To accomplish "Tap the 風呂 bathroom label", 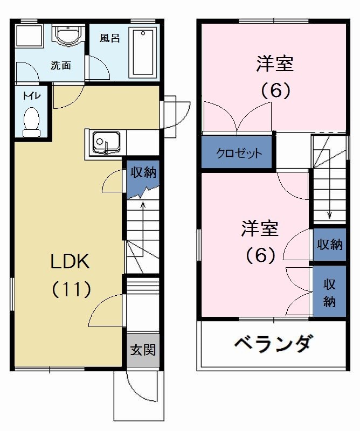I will tap(109, 39).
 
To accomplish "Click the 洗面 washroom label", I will tap(61, 66).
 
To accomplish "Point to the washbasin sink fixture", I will tap(67, 36).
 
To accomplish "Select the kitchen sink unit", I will tap(106, 143).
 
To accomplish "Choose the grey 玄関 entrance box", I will tap(143, 350).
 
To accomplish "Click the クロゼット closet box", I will tap(239, 153).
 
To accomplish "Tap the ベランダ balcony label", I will tap(272, 343).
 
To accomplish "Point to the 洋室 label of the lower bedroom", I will tap(260, 229).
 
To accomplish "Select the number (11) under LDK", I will tap(71, 289).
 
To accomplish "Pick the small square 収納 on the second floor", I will tap(329, 244).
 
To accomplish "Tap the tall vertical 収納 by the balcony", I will tap(329, 291).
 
